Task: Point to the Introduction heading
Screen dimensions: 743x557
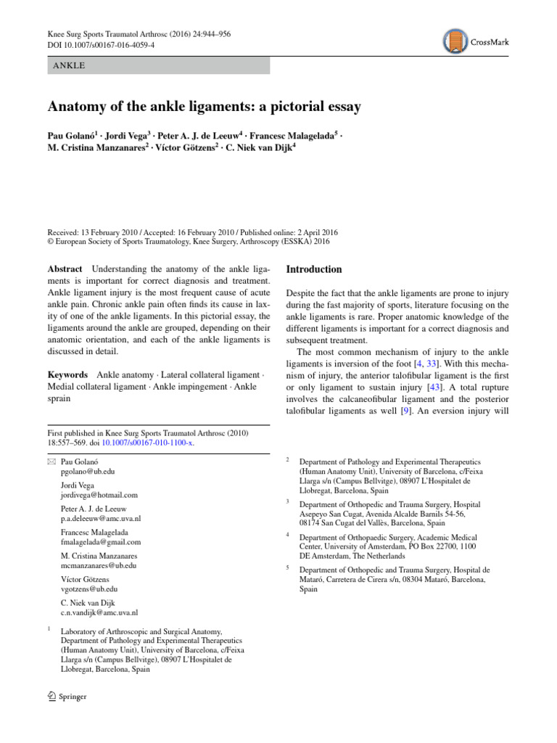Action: (314, 269)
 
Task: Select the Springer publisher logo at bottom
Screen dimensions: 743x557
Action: (66, 697)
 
